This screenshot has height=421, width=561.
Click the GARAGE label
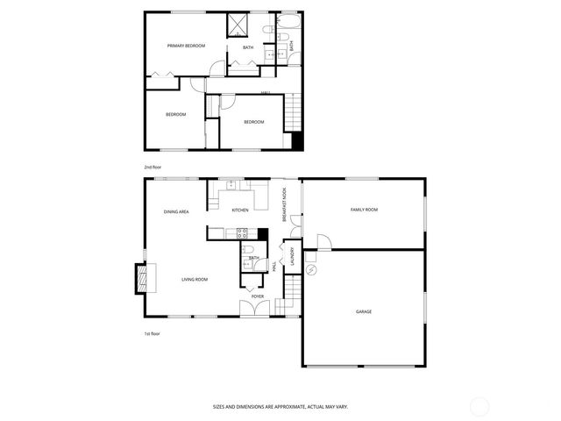[x=363, y=311]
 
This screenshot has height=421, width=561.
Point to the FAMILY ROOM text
[x=364, y=210]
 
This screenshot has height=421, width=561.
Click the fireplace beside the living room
[x=138, y=279]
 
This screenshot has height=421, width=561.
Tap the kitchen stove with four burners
[x=244, y=232]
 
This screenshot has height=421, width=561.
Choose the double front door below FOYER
[x=258, y=309]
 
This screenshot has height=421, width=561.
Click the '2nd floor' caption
[x=153, y=167]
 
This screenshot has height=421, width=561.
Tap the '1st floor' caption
[x=153, y=333]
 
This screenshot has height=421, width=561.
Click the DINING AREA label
[x=176, y=211]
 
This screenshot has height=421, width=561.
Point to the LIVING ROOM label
[x=195, y=279]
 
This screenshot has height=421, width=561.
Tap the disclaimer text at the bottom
[x=280, y=406]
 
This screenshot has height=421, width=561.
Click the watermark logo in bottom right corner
[x=479, y=406]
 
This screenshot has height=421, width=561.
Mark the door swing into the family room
[x=322, y=240]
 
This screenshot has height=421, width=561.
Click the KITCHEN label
[x=240, y=210]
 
